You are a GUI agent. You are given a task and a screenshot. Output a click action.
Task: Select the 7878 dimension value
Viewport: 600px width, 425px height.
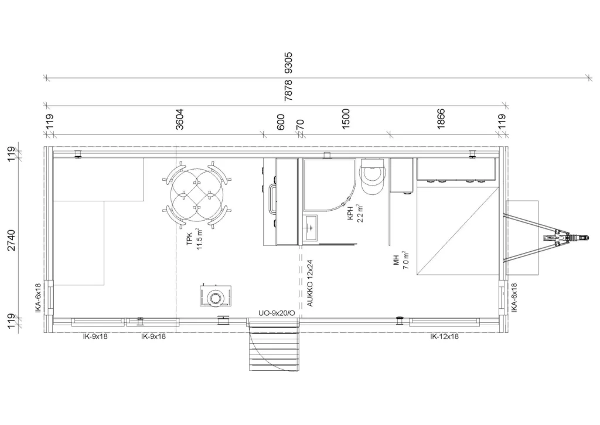tap(288, 90)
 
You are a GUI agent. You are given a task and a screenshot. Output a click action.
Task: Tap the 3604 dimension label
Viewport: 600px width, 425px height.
tap(180, 119)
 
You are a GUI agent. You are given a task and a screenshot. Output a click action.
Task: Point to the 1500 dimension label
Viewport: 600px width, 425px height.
tap(346, 119)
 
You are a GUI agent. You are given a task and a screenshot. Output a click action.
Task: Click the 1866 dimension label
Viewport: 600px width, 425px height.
tap(441, 119)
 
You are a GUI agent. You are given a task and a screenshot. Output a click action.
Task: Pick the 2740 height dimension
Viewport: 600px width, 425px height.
tap(12, 240)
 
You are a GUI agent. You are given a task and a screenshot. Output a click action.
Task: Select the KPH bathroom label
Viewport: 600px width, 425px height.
tap(350, 213)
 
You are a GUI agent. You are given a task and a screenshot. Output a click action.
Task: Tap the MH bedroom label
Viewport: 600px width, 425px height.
tap(396, 260)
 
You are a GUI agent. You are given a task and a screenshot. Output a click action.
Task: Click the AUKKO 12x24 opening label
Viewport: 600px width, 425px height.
tap(310, 283)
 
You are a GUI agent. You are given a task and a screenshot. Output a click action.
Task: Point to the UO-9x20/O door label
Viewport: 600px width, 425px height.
tap(277, 313)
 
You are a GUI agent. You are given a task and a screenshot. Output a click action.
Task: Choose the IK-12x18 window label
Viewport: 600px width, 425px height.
tap(444, 336)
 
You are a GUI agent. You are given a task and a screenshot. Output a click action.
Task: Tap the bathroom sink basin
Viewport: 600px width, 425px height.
tap(311, 228)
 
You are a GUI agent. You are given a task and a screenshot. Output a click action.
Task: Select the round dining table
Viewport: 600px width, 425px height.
tap(197, 194)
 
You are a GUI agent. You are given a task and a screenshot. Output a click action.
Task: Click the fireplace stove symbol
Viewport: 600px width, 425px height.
tap(216, 296)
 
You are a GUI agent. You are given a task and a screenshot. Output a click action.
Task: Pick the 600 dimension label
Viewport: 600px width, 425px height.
tap(281, 122)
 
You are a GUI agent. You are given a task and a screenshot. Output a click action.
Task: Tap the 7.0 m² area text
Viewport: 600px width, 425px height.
tap(406, 260)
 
